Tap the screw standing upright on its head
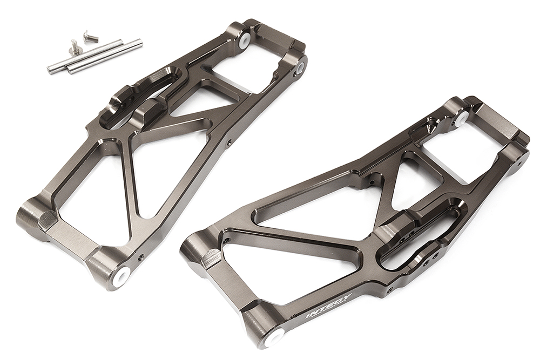pos(75,49)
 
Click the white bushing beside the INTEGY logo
pos(275,337)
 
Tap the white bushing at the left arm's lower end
pos(120,275)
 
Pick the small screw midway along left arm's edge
pos(229,143)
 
